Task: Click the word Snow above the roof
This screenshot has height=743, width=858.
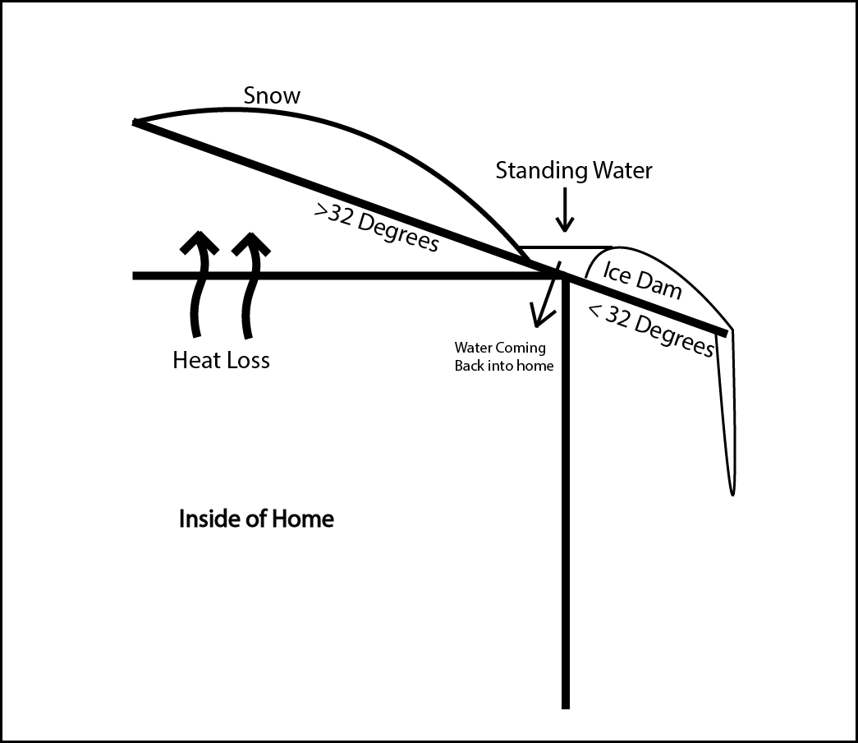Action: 272,95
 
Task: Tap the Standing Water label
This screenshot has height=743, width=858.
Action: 574,170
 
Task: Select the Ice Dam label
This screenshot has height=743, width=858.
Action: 642,280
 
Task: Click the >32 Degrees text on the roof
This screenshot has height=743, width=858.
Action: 376,228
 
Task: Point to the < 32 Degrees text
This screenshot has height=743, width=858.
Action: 651,330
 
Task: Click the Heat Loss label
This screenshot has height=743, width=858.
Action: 221,360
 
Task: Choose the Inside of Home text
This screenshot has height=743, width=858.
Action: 256,519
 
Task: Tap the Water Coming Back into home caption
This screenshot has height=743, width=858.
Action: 503,357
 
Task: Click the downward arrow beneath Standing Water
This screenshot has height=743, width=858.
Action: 564,212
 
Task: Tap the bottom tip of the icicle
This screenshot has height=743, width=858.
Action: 732,492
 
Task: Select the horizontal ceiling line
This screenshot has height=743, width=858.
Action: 328,276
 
